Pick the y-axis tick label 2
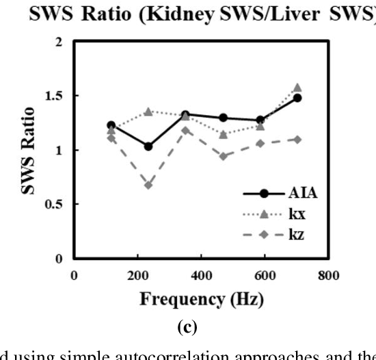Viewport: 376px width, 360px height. [x=63, y=42]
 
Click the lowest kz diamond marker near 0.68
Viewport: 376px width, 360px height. [x=148, y=185]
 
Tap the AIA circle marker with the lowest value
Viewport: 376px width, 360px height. [x=148, y=146]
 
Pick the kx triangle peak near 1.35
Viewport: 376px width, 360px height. [x=148, y=111]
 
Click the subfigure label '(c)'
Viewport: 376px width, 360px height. [x=187, y=327]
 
